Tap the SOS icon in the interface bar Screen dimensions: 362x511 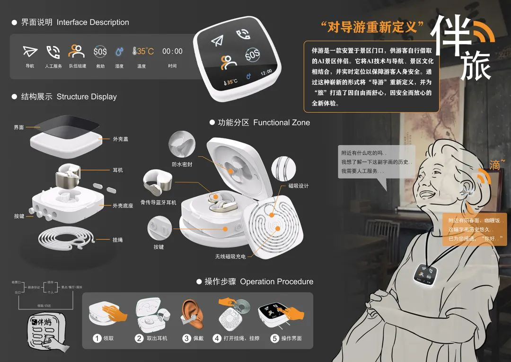pos(100,51)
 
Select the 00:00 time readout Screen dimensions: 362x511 pos(172,51)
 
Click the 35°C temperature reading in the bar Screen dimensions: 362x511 pos(143,51)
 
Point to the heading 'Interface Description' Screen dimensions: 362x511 pos(93,22)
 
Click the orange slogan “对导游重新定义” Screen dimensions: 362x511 pos(371,27)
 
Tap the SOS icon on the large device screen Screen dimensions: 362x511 pos(252,55)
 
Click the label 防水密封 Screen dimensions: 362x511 pos(182,164)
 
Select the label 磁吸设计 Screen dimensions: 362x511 pos(298,186)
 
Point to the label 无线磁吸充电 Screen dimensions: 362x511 pos(230,256)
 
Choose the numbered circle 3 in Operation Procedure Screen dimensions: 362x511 pos(186,338)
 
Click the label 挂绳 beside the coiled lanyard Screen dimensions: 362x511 pos(118,240)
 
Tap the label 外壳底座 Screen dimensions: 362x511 pos(123,206)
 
